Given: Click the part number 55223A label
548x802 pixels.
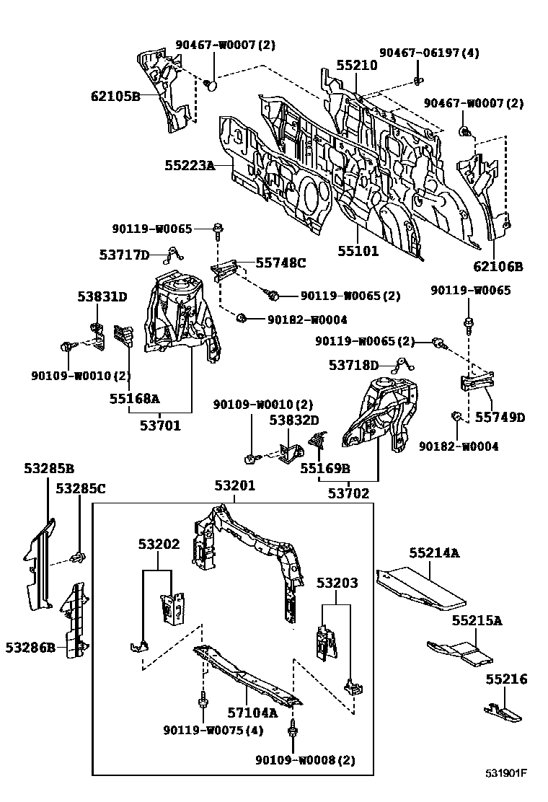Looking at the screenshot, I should click(x=190, y=166).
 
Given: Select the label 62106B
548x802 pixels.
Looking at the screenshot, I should click(x=498, y=266).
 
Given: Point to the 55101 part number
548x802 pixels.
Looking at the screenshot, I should click(x=358, y=252).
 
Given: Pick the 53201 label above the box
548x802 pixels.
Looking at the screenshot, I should click(x=234, y=487).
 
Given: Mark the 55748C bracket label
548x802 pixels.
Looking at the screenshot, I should click(x=281, y=263).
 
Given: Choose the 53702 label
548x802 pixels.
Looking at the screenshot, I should click(x=349, y=493).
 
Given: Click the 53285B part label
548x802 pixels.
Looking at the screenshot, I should click(x=49, y=468).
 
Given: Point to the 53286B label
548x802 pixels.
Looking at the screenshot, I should click(x=30, y=647).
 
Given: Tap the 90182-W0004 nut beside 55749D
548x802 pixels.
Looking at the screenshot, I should click(x=457, y=417).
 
